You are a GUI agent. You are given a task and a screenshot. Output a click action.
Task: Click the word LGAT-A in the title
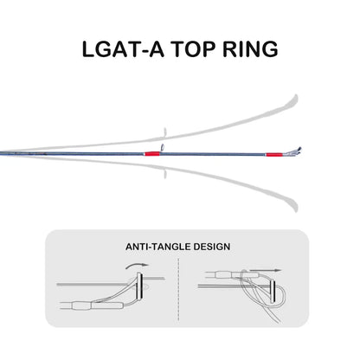(123, 49)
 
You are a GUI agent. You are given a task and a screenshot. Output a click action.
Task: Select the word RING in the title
(250, 49)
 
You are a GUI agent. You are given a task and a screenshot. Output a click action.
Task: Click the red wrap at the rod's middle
(152, 154)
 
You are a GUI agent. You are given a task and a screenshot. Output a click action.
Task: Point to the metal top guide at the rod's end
(291, 152)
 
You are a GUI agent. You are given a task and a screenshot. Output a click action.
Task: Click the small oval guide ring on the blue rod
(163, 147)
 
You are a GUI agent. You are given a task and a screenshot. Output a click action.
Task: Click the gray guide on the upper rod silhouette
(165, 132)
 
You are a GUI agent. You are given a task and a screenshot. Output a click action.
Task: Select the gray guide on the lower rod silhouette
(165, 174)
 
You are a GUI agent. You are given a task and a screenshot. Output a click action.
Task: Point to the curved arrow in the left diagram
(137, 265)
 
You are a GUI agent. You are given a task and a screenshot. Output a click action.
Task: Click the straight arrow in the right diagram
(266, 271)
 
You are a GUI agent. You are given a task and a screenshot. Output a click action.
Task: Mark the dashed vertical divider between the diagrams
(179, 289)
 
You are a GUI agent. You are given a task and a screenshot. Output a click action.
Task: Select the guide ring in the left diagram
(140, 286)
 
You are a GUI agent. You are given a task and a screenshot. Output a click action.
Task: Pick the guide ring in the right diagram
(273, 292)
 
